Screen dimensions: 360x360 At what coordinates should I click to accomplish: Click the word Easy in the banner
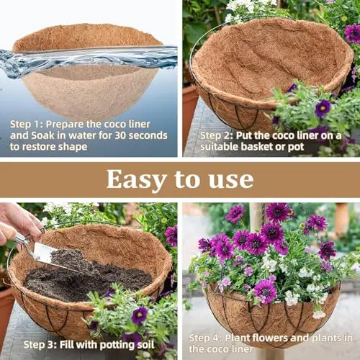point(136,180)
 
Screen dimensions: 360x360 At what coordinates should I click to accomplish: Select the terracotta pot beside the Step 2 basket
point(190,115)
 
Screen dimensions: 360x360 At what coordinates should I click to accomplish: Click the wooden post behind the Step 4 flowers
point(256,216)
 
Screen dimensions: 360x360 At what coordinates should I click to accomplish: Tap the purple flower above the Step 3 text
point(139,315)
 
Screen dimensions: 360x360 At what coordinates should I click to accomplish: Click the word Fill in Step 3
point(66,345)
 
